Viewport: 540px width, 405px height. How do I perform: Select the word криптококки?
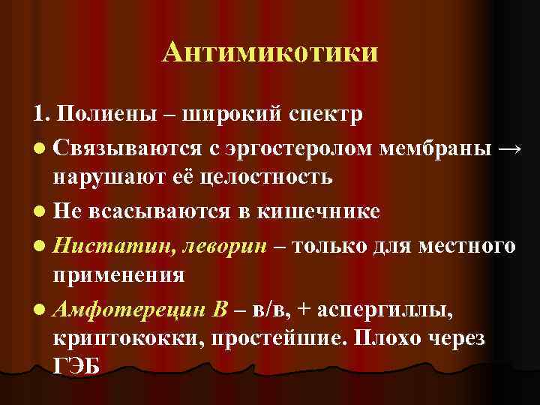[x=129, y=338]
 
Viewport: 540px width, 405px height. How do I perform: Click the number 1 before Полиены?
[x=39, y=115]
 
